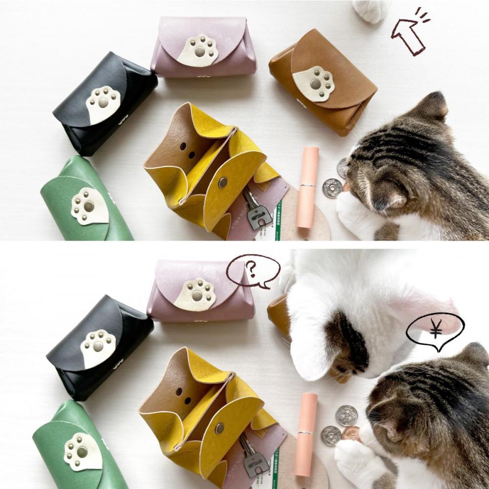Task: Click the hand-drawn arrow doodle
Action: coord(410,34)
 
